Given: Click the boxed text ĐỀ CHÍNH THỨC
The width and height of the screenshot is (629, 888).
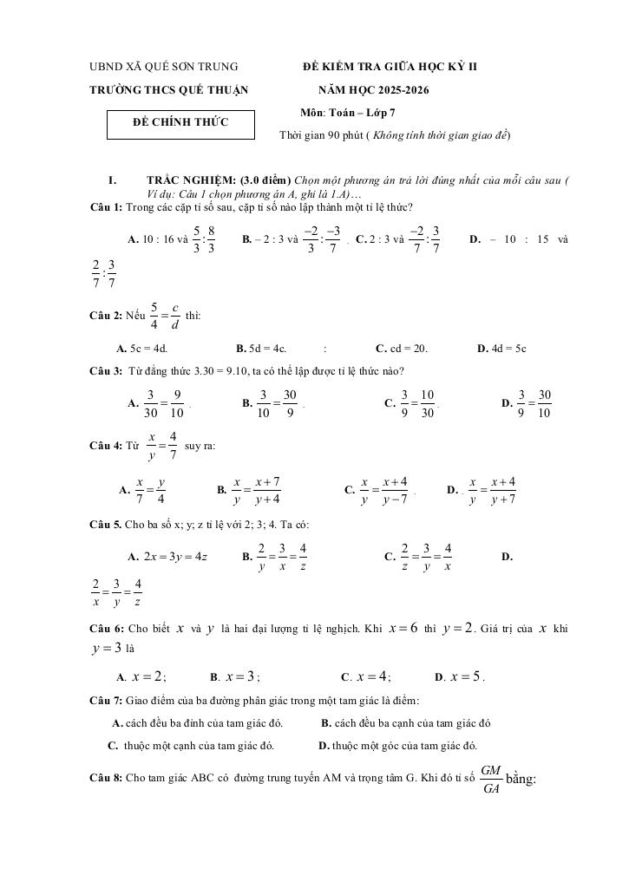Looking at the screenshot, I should pos(180,122).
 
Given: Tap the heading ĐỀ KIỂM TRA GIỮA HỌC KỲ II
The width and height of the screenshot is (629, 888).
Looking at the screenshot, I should pos(390,67).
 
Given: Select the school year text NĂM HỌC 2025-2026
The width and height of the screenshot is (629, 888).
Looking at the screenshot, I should pos(373,89).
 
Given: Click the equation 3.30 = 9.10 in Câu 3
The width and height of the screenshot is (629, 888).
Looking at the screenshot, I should pos(202,371).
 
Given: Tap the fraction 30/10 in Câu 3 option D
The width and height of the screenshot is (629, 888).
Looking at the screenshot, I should pos(544,403).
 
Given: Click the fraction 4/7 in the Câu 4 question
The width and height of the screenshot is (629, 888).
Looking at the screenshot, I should pos(174,446).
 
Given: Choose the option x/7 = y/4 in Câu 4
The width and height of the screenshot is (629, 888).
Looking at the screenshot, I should pos(150,490).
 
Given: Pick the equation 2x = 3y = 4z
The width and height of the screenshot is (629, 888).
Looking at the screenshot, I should pos(176,556).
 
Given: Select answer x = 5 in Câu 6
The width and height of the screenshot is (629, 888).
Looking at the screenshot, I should pos(467,676).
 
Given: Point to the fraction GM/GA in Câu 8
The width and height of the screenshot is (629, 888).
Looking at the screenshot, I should pos(490,779).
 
